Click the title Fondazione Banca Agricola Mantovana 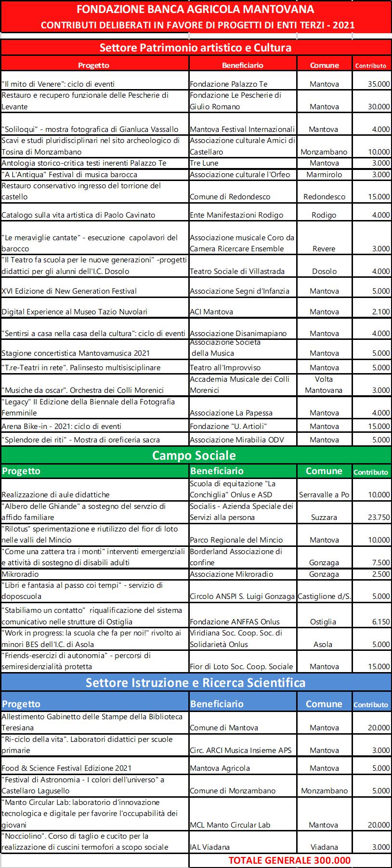pyautogui.click(x=196, y=9)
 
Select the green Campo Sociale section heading pyautogui.click(x=194, y=455)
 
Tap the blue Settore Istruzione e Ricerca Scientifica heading pyautogui.click(x=196, y=683)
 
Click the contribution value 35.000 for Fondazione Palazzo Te pyautogui.click(x=379, y=84)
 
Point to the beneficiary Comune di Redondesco pyautogui.click(x=230, y=197)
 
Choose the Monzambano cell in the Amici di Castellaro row pyautogui.click(x=324, y=152)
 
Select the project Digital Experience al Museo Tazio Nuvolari pyautogui.click(x=75, y=312)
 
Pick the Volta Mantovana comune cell pyautogui.click(x=324, y=385)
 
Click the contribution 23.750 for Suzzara pyautogui.click(x=379, y=518)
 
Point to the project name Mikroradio pyautogui.click(x=20, y=574)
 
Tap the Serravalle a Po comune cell pyautogui.click(x=324, y=495)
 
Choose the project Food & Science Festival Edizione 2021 pyautogui.click(x=66, y=768)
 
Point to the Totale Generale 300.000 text pyautogui.click(x=289, y=860)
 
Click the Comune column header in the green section pyautogui.click(x=324, y=471)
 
